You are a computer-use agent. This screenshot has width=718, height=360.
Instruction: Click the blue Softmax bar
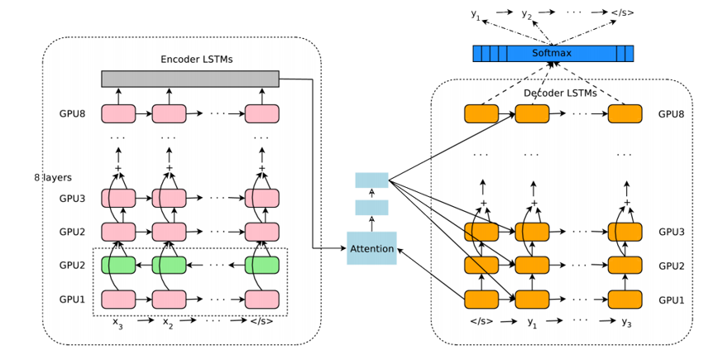[553, 54]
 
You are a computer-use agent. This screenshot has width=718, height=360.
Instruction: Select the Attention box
[371, 248]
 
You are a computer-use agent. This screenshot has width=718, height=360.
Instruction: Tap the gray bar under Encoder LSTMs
[190, 79]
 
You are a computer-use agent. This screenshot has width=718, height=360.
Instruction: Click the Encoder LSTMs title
[196, 59]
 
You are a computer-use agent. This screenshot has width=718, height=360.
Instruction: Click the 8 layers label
[53, 178]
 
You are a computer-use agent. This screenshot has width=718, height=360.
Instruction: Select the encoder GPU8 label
[72, 113]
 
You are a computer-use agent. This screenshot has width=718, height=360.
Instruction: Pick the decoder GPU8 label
[671, 113]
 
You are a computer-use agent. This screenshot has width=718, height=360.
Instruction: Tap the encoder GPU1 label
[72, 299]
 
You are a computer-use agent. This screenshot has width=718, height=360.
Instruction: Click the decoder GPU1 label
[671, 299]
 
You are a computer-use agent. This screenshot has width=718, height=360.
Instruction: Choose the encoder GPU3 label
[72, 199]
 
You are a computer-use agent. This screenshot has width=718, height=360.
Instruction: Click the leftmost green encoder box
[118, 265]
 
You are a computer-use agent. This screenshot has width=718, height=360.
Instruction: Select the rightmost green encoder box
[261, 265]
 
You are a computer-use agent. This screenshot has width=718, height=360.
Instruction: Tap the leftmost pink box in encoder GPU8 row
[118, 113]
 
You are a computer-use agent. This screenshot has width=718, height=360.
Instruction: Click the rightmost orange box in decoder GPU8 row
[625, 113]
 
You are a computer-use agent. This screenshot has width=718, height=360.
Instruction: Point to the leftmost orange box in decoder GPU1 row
[481, 299]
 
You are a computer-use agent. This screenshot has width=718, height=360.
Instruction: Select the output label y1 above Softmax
[476, 14]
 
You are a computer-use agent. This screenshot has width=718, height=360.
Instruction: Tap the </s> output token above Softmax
[623, 12]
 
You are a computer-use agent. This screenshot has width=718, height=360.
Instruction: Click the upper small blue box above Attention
[371, 180]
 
